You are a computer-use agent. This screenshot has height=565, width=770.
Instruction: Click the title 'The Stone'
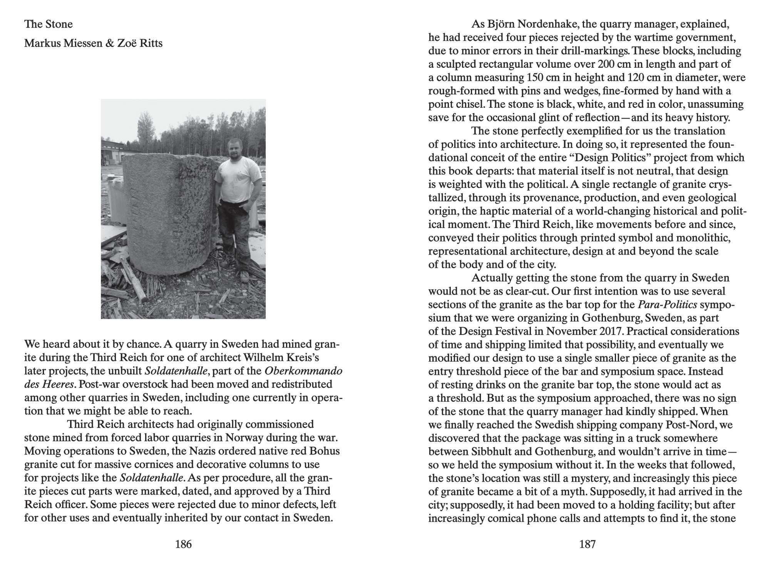click(x=49, y=24)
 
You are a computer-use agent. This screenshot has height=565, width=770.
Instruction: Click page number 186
click(x=183, y=544)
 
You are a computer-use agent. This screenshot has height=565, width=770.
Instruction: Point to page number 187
click(x=587, y=544)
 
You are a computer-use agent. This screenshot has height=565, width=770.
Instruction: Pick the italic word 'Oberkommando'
click(x=303, y=371)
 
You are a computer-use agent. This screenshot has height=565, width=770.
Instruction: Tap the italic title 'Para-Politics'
click(x=667, y=304)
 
